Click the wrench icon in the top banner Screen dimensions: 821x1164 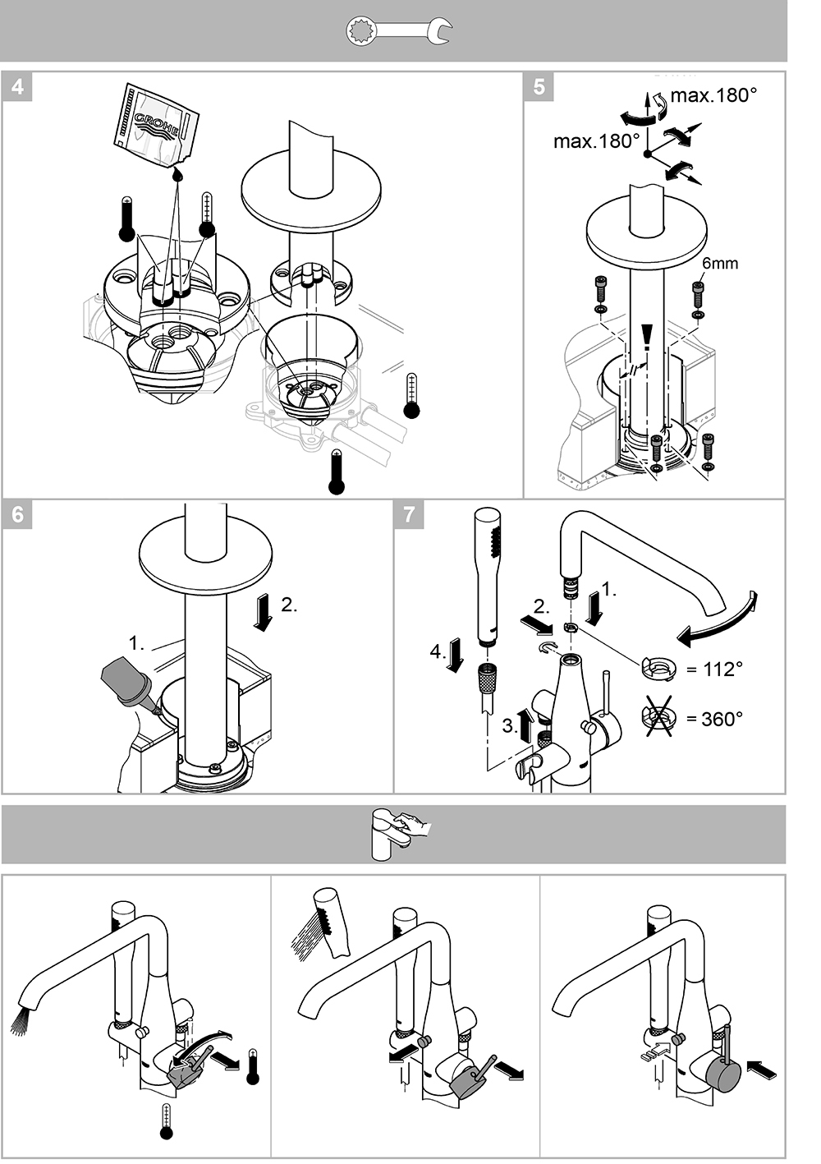(399, 32)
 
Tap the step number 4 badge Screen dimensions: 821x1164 (18, 86)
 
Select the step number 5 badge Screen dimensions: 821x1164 (539, 86)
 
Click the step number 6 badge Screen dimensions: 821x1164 (18, 514)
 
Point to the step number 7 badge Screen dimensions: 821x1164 (409, 514)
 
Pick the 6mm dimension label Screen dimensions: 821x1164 (720, 263)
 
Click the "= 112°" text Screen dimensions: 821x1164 (714, 669)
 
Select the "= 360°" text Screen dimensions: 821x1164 (714, 719)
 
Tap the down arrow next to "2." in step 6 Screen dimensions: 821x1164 (264, 613)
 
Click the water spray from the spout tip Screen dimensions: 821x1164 (23, 1019)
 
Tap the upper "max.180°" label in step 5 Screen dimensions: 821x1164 (713, 95)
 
